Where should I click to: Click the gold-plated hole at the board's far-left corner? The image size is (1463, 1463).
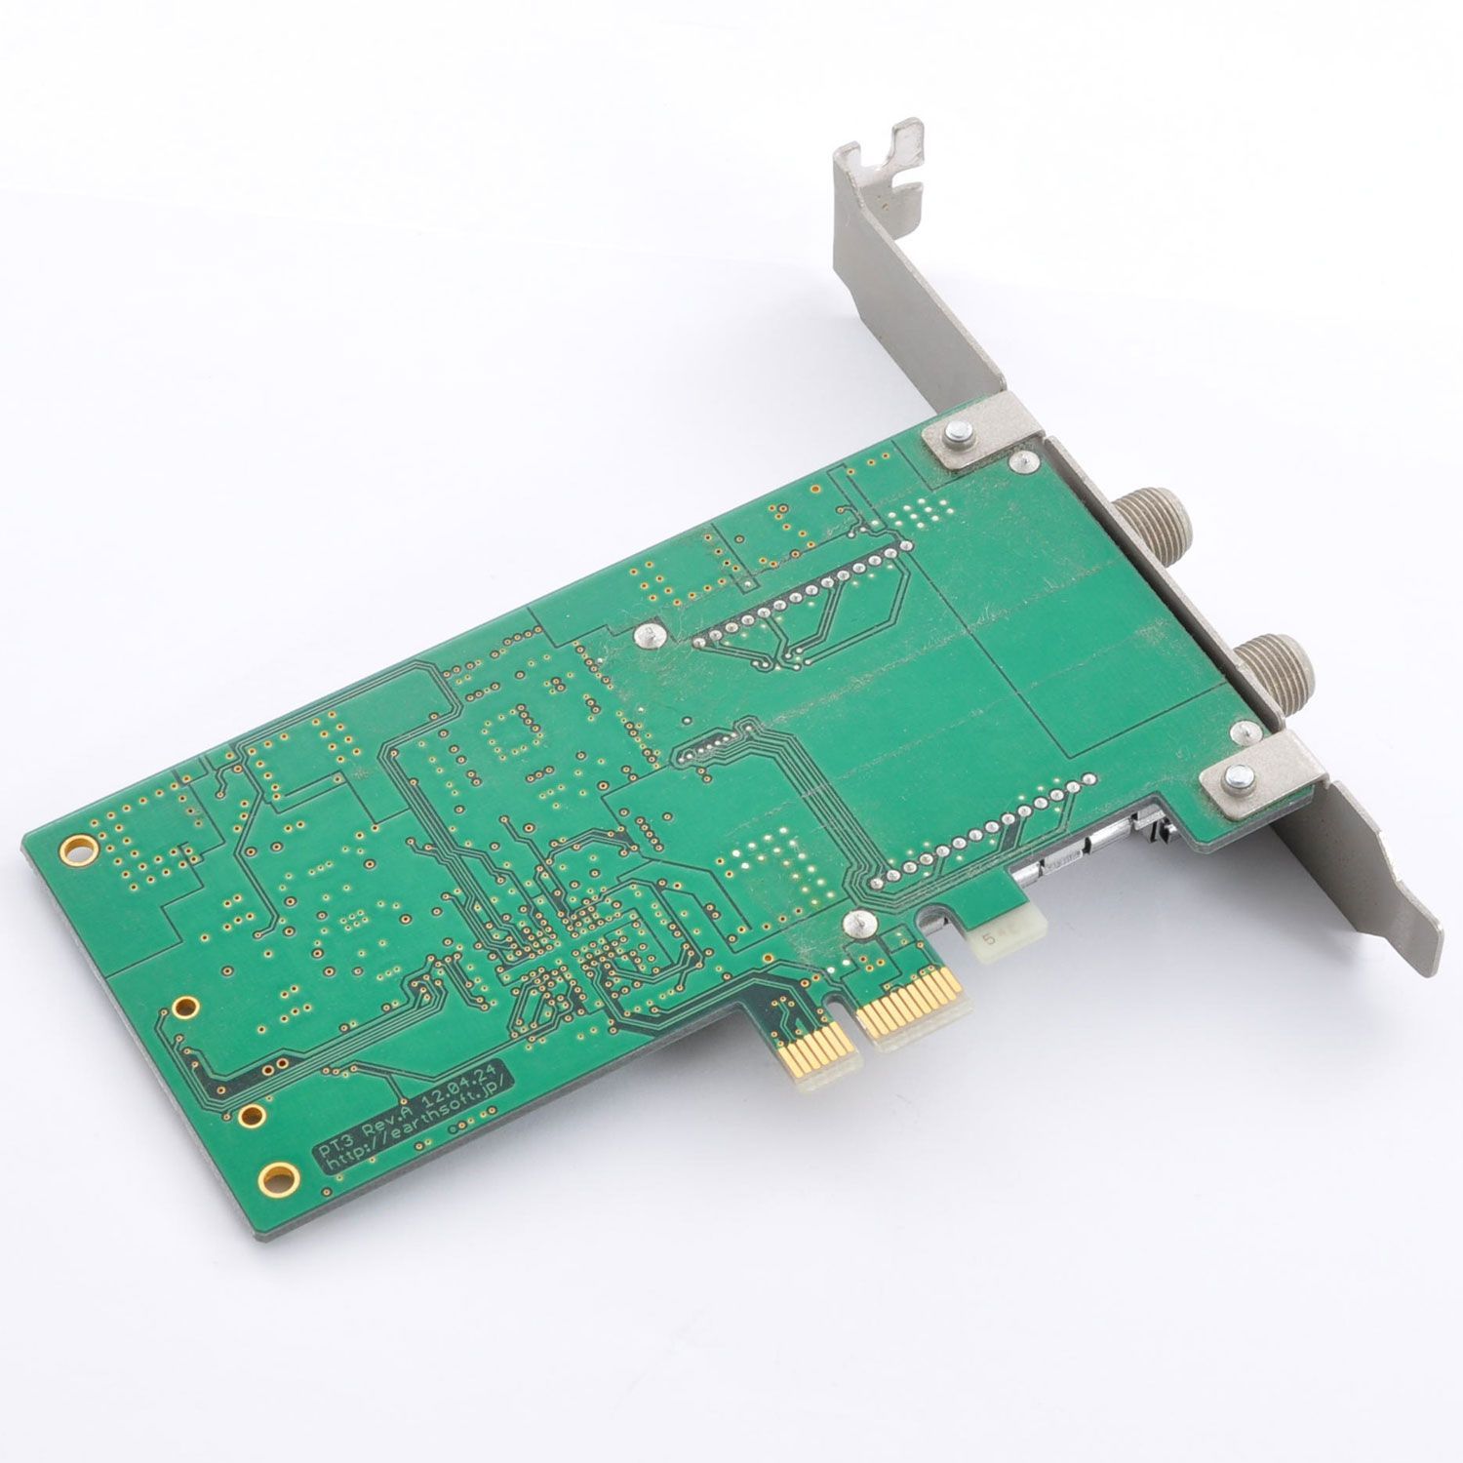[72, 850]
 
